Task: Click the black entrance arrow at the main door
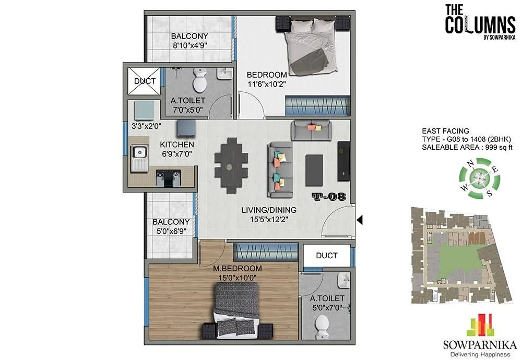click(x=359, y=221)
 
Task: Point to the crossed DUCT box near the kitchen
click(x=145, y=81)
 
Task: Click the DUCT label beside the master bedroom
click(x=327, y=256)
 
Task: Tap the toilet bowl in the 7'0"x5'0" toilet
click(x=199, y=81)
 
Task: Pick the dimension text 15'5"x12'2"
click(x=269, y=219)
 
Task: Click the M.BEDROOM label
click(x=237, y=268)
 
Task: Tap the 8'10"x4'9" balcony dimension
click(x=189, y=45)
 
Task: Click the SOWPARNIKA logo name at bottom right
click(x=479, y=344)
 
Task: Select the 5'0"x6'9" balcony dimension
click(x=171, y=231)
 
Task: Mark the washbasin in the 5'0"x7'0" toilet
click(x=342, y=281)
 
